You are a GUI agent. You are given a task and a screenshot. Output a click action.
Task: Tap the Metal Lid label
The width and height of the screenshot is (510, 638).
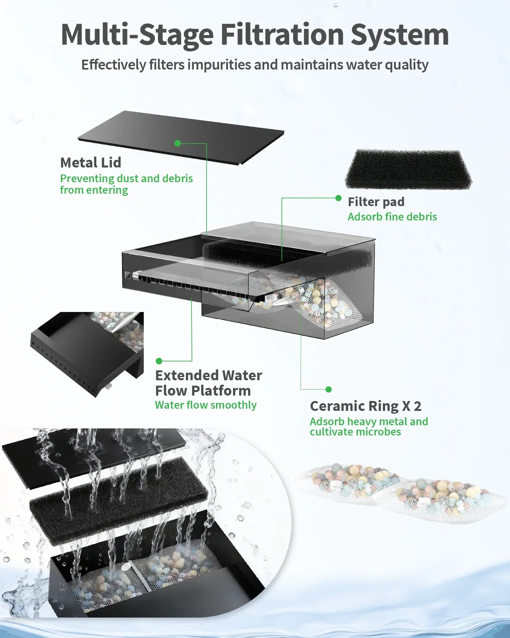(x=91, y=163)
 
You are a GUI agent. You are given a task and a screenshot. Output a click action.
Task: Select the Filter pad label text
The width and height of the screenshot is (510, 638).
(x=376, y=202)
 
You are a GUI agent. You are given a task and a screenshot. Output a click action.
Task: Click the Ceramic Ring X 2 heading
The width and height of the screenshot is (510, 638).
(x=365, y=406)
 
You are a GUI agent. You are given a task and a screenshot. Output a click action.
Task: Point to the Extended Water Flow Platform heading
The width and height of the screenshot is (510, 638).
(x=208, y=383)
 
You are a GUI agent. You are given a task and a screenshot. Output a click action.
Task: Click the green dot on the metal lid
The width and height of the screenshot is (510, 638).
(x=178, y=143)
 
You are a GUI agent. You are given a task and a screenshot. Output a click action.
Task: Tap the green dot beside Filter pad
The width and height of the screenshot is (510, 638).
(x=338, y=198)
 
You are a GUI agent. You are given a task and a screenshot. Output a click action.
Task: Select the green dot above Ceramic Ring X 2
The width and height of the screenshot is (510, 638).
(x=329, y=389)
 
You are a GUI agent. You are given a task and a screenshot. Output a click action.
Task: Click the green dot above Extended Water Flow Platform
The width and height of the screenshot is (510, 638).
(x=159, y=361)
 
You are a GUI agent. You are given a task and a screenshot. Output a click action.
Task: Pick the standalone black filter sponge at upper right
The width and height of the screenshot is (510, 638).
(x=409, y=169)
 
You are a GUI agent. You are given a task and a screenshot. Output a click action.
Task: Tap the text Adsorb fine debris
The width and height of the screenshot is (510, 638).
(x=392, y=217)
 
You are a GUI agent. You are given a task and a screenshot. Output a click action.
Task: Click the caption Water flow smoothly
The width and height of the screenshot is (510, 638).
(x=206, y=405)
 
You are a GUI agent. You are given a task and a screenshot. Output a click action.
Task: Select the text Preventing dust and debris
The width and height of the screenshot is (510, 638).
(x=126, y=178)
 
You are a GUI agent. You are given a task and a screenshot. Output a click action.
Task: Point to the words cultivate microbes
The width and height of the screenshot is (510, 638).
(x=355, y=432)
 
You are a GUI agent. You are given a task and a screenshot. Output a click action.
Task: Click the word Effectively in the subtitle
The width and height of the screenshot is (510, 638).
(x=113, y=65)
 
